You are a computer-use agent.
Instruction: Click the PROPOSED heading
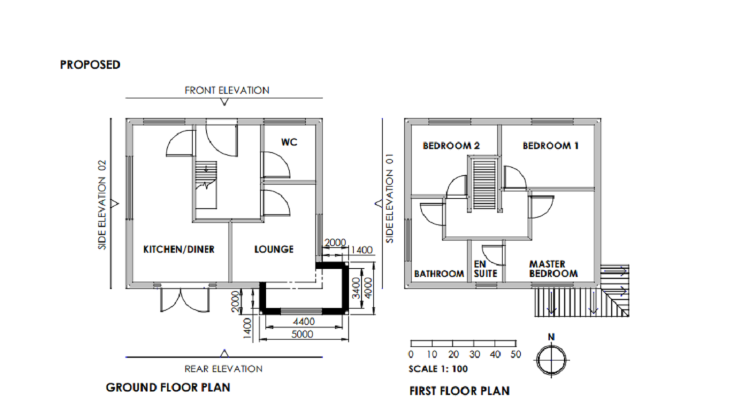(x=90, y=65)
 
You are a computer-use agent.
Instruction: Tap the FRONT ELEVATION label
(x=227, y=90)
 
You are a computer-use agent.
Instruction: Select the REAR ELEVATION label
(x=223, y=369)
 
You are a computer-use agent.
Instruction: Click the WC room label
(x=290, y=142)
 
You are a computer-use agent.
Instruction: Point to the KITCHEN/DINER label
(x=179, y=249)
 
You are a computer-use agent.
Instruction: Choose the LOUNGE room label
(x=274, y=249)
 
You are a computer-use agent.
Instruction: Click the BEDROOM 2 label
(x=451, y=146)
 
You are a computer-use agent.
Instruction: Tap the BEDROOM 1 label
(x=550, y=146)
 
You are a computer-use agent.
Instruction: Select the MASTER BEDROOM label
(x=553, y=269)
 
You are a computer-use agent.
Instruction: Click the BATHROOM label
(x=439, y=274)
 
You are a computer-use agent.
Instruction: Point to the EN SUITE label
(x=485, y=269)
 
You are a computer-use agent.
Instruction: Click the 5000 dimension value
(x=307, y=334)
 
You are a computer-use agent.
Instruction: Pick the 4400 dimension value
(x=307, y=323)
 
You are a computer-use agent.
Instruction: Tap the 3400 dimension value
(x=356, y=287)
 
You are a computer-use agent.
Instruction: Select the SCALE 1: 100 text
(x=438, y=369)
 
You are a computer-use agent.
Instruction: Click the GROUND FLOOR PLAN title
(x=168, y=387)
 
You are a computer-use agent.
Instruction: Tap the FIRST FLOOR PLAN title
(x=460, y=391)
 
